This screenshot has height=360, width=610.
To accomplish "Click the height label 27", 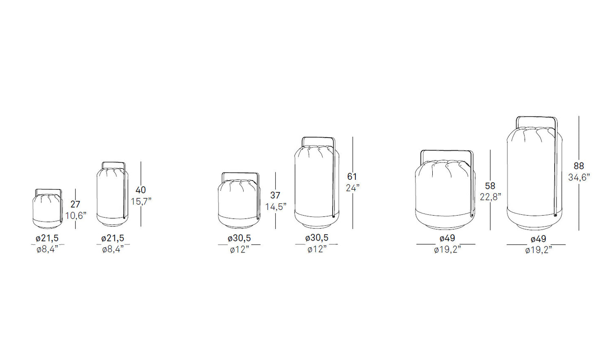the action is (x=75, y=204).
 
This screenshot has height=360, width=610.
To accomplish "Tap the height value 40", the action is (x=141, y=190).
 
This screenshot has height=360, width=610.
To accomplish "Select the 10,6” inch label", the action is (x=76, y=216).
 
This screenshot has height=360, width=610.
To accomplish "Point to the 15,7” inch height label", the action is (x=141, y=201).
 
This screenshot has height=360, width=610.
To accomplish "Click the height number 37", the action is (x=275, y=195).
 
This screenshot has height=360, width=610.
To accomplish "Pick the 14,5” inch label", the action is (x=276, y=207).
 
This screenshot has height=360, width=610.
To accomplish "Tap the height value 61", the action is (x=352, y=177).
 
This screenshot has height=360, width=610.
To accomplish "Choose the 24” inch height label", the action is (x=352, y=188).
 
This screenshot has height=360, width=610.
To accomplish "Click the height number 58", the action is (x=490, y=186).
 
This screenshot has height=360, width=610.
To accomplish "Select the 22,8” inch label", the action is (x=491, y=197).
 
